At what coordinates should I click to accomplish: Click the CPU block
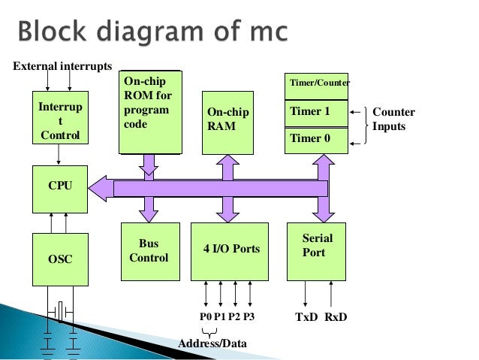coord(60,189)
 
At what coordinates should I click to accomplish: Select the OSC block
coord(61,260)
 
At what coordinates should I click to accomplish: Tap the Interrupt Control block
coord(61,117)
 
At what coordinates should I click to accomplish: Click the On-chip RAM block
coord(228,123)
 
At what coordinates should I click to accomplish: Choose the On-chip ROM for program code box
coord(151,112)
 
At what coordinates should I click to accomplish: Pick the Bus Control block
coord(151,252)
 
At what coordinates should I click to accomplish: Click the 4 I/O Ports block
coord(230,252)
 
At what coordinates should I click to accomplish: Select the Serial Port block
coord(317,252)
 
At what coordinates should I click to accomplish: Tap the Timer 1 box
coord(317,113)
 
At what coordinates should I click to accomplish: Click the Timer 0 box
coord(317,141)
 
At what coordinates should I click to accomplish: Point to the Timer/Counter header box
coord(317,86)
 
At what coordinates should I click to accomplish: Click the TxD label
coord(306,317)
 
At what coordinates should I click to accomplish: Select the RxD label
coord(336,317)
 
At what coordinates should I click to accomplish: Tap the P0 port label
coord(206,316)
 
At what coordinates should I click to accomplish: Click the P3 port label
coord(249,316)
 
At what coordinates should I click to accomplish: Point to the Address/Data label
coord(212,343)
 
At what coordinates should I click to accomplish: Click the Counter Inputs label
coord(393,119)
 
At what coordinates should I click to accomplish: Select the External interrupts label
coord(62,66)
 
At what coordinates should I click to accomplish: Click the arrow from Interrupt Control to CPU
coord(59,155)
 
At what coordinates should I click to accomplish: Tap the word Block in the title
coord(52,32)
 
